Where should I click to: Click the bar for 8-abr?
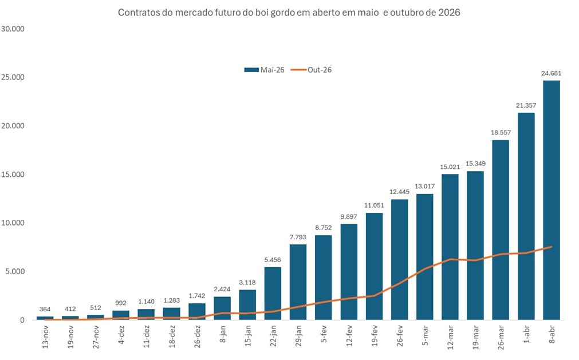(552, 200)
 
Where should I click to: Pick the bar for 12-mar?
(450, 247)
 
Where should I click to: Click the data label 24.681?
(552, 73)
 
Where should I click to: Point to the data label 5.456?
(273, 260)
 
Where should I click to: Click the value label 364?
(46, 309)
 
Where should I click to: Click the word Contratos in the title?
(136, 12)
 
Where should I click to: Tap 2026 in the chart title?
(450, 12)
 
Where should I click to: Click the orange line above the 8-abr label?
(552, 247)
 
